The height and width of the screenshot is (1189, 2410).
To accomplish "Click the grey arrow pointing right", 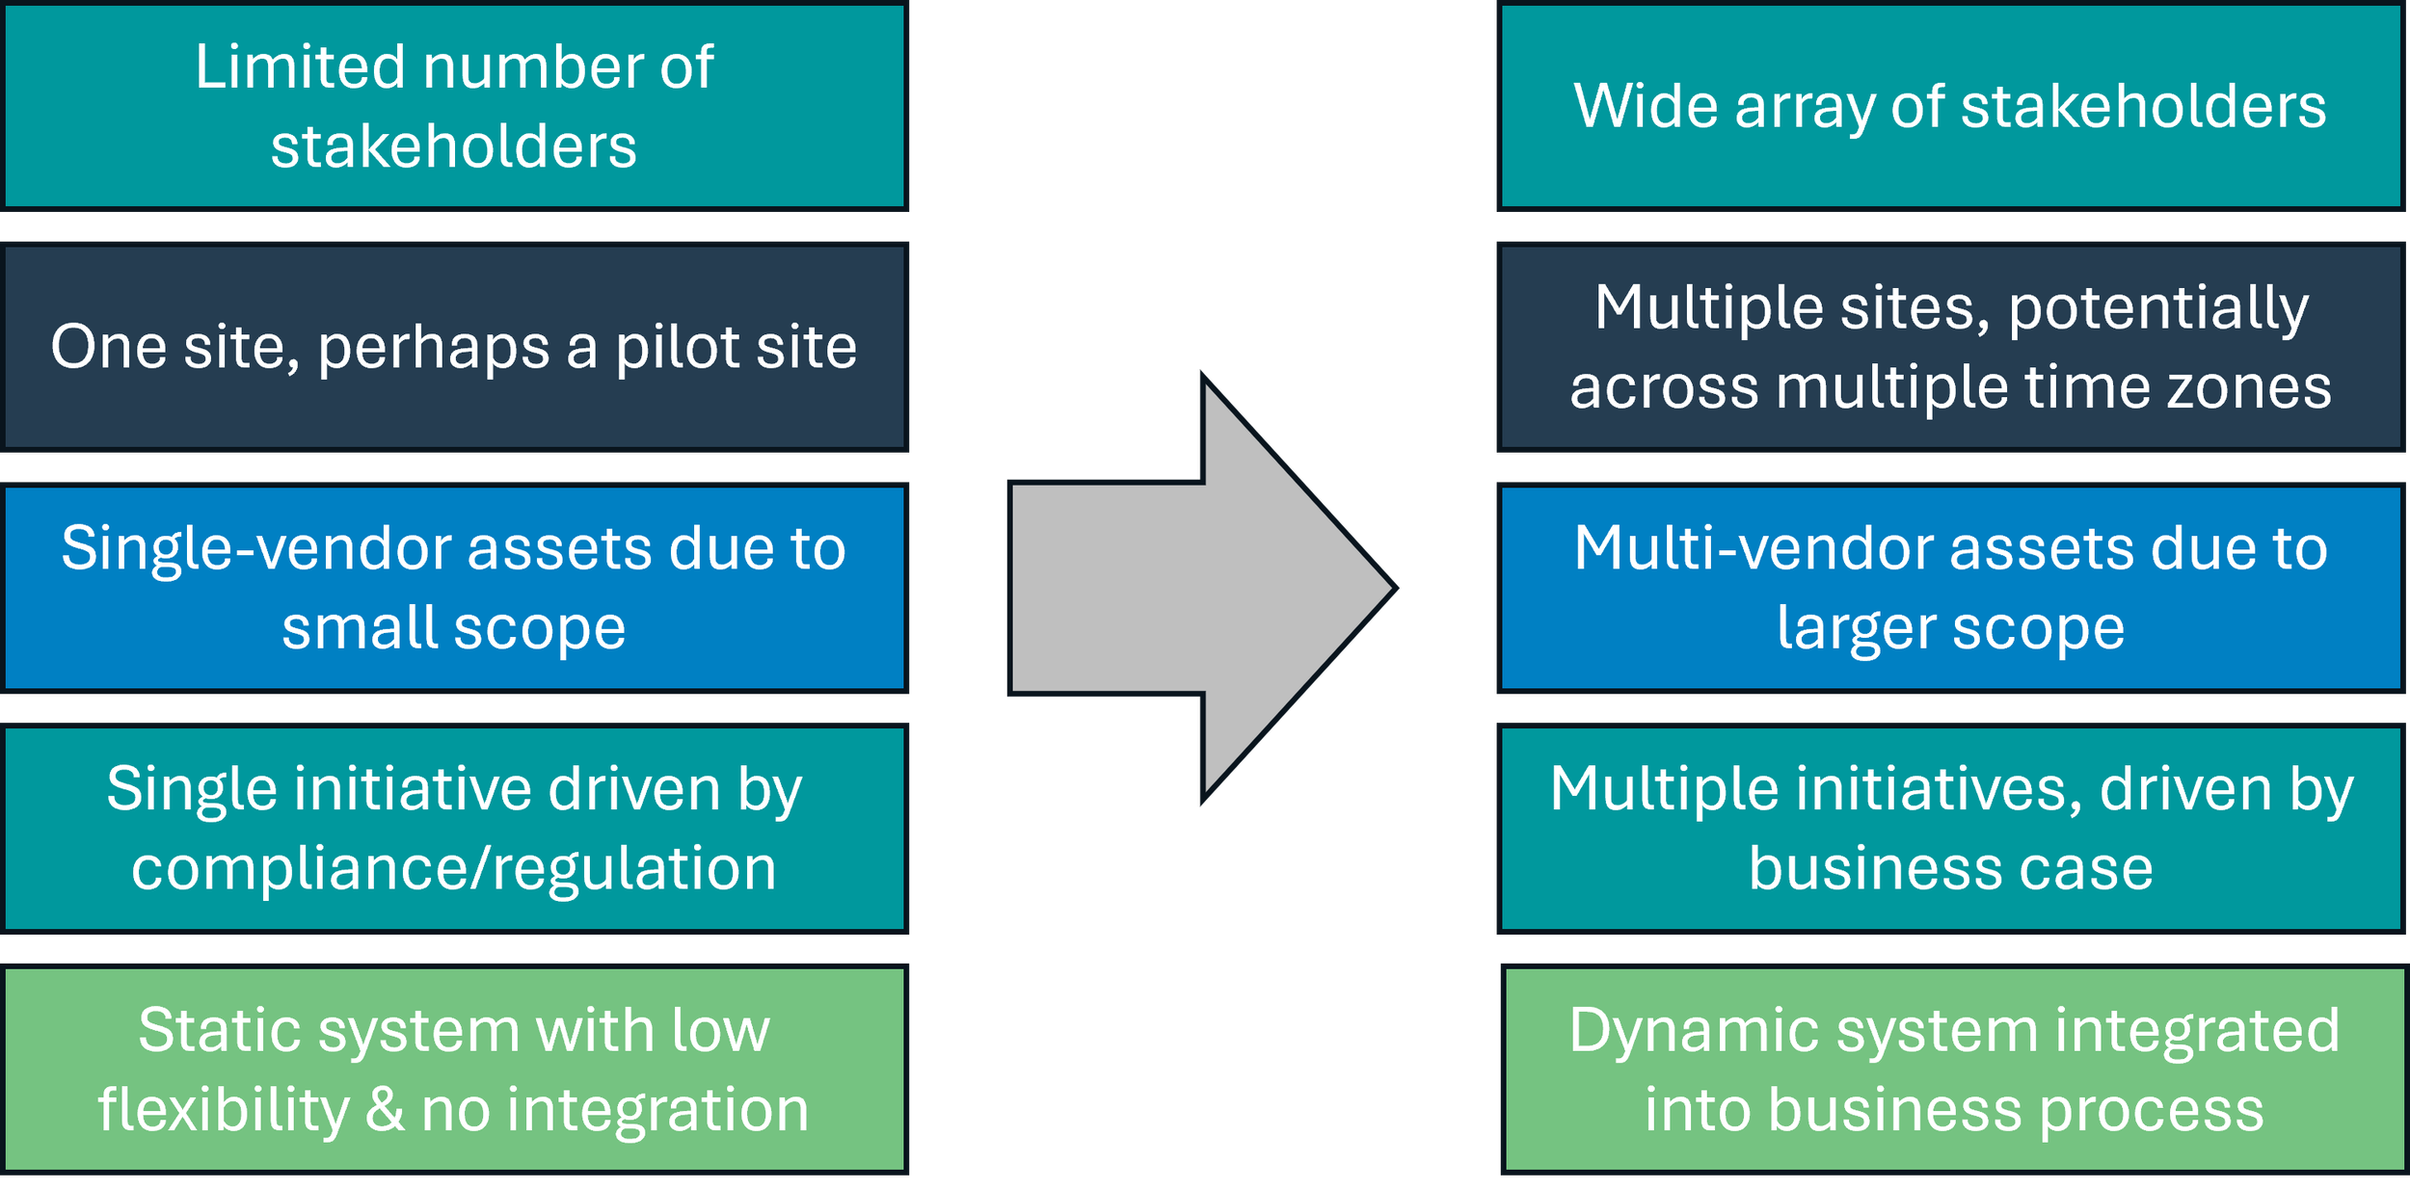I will point(1195,588).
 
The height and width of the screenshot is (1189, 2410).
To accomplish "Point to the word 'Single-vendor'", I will point(255,548).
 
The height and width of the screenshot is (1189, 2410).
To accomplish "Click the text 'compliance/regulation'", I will point(453,868).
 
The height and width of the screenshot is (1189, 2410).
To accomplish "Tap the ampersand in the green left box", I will point(384,1109).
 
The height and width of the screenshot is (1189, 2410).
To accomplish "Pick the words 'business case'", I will point(1950,868).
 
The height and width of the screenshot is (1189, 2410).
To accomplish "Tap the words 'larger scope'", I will point(1950,628).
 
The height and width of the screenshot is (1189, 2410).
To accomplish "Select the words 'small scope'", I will point(453,628).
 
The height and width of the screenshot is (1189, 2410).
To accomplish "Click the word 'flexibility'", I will point(223,1109).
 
